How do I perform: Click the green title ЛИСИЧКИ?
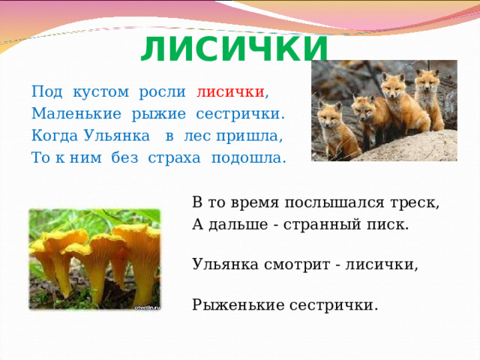234,50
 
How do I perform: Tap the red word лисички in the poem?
231,93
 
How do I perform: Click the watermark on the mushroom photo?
147,307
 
